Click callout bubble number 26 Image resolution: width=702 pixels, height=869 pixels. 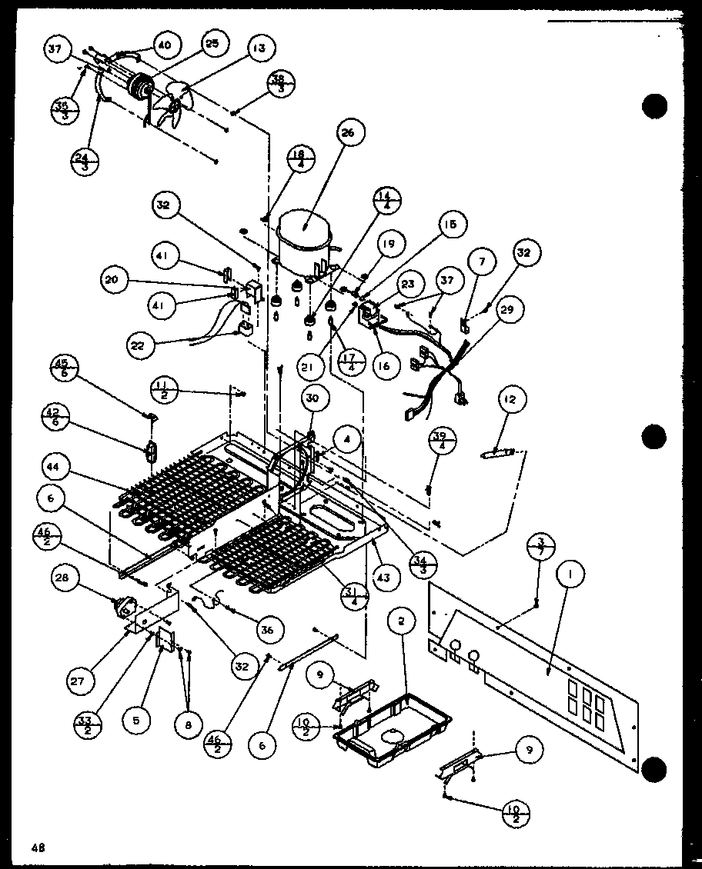(x=347, y=134)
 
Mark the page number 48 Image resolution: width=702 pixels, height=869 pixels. (x=38, y=847)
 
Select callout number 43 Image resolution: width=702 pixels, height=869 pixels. (x=382, y=574)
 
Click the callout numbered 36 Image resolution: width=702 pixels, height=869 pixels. (x=266, y=629)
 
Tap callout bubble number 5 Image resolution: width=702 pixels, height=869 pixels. (x=136, y=721)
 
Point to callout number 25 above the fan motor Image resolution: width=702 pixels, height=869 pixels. (x=211, y=45)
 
